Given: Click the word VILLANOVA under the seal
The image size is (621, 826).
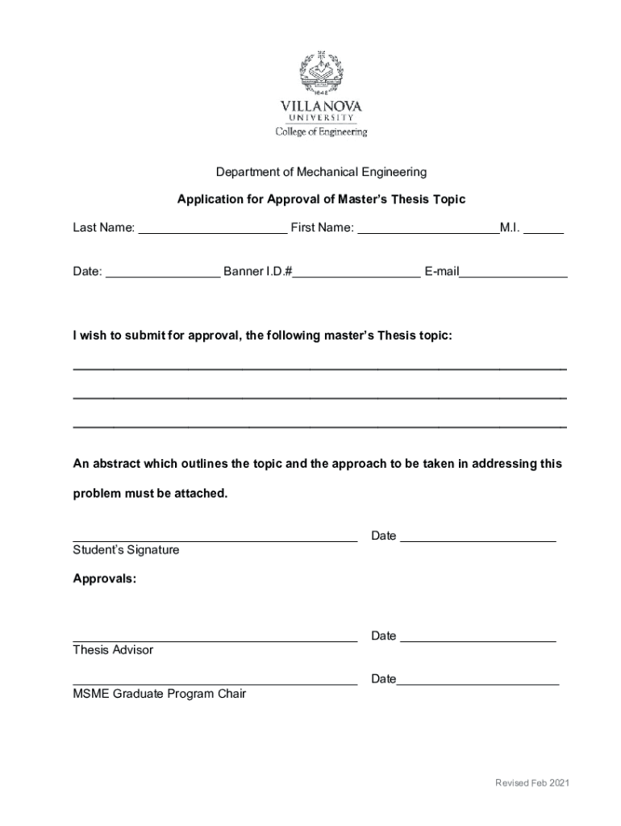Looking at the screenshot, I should (321, 106).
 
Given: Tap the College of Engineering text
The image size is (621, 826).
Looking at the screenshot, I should (321, 131).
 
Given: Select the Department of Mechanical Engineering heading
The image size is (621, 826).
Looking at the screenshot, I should (321, 172).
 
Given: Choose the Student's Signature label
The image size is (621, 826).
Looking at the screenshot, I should (126, 550).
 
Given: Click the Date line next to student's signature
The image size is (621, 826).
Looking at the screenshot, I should (477, 539).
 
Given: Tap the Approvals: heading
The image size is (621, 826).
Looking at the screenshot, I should (105, 578).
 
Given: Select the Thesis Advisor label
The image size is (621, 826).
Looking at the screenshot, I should (113, 650).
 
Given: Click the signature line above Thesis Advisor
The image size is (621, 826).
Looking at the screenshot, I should (215, 639).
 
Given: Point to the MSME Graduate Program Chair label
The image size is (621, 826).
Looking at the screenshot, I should (159, 694).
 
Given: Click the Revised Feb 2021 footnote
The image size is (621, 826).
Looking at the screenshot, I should (533, 783).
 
